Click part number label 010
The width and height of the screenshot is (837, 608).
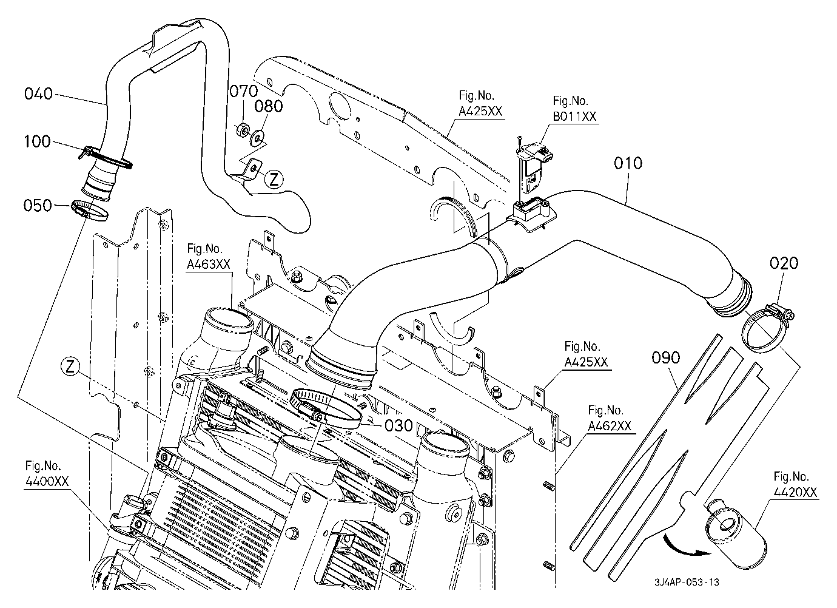[x=628, y=163]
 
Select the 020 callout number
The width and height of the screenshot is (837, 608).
[x=784, y=263]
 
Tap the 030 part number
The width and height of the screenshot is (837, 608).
[x=398, y=425]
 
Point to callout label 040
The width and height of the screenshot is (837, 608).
[x=38, y=93]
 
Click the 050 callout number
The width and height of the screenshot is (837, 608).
[x=38, y=205]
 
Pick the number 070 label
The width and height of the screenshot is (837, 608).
[x=243, y=91]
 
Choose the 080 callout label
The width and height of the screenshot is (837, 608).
[x=268, y=106]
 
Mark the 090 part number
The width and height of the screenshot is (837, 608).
[x=665, y=358]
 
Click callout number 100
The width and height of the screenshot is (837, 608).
[x=37, y=141]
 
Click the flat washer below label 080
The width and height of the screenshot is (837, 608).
[x=257, y=138]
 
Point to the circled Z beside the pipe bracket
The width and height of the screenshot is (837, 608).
[x=274, y=180]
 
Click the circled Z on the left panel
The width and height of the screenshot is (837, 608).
[x=70, y=367]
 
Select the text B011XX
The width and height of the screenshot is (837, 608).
[x=574, y=117]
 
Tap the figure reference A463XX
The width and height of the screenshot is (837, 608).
[x=209, y=265]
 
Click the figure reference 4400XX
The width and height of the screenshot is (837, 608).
[x=47, y=481]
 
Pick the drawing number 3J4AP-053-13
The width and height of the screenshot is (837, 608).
[x=687, y=582]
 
